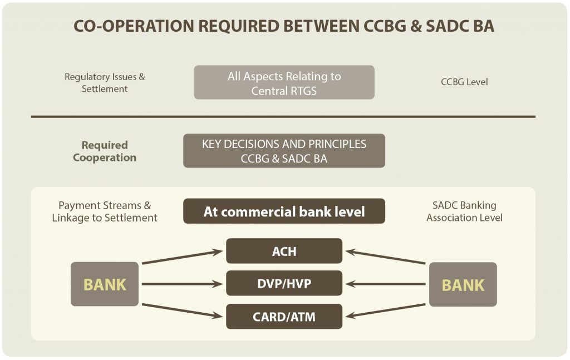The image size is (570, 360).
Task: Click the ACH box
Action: pos(284,251)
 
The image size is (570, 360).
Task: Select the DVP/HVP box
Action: pos(284,283)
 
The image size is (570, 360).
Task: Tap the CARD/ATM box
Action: pos(284,317)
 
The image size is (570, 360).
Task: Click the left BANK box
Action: pos(105,284)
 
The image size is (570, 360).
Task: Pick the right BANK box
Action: pos(463,284)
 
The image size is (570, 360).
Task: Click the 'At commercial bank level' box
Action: pos(284,211)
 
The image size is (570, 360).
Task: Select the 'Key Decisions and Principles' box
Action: pos(284,151)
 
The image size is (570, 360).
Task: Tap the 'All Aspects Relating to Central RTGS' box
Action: pos(284,82)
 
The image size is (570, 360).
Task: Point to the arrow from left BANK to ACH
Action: pos(182,257)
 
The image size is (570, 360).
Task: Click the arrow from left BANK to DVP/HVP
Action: pos(182,284)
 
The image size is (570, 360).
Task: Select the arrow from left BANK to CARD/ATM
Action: pos(182,311)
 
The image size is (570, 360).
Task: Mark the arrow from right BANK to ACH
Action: pos(385,257)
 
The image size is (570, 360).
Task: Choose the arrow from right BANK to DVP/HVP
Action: pos(385,284)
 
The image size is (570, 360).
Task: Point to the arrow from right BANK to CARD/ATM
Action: pos(385,311)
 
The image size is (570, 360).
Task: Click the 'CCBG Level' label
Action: pos(464,82)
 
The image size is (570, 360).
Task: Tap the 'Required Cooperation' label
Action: pos(105,151)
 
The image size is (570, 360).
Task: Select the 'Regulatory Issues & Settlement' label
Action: pos(105,83)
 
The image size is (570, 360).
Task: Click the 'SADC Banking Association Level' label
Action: pos(464,211)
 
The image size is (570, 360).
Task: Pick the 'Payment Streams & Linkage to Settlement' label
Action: pos(105,211)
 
